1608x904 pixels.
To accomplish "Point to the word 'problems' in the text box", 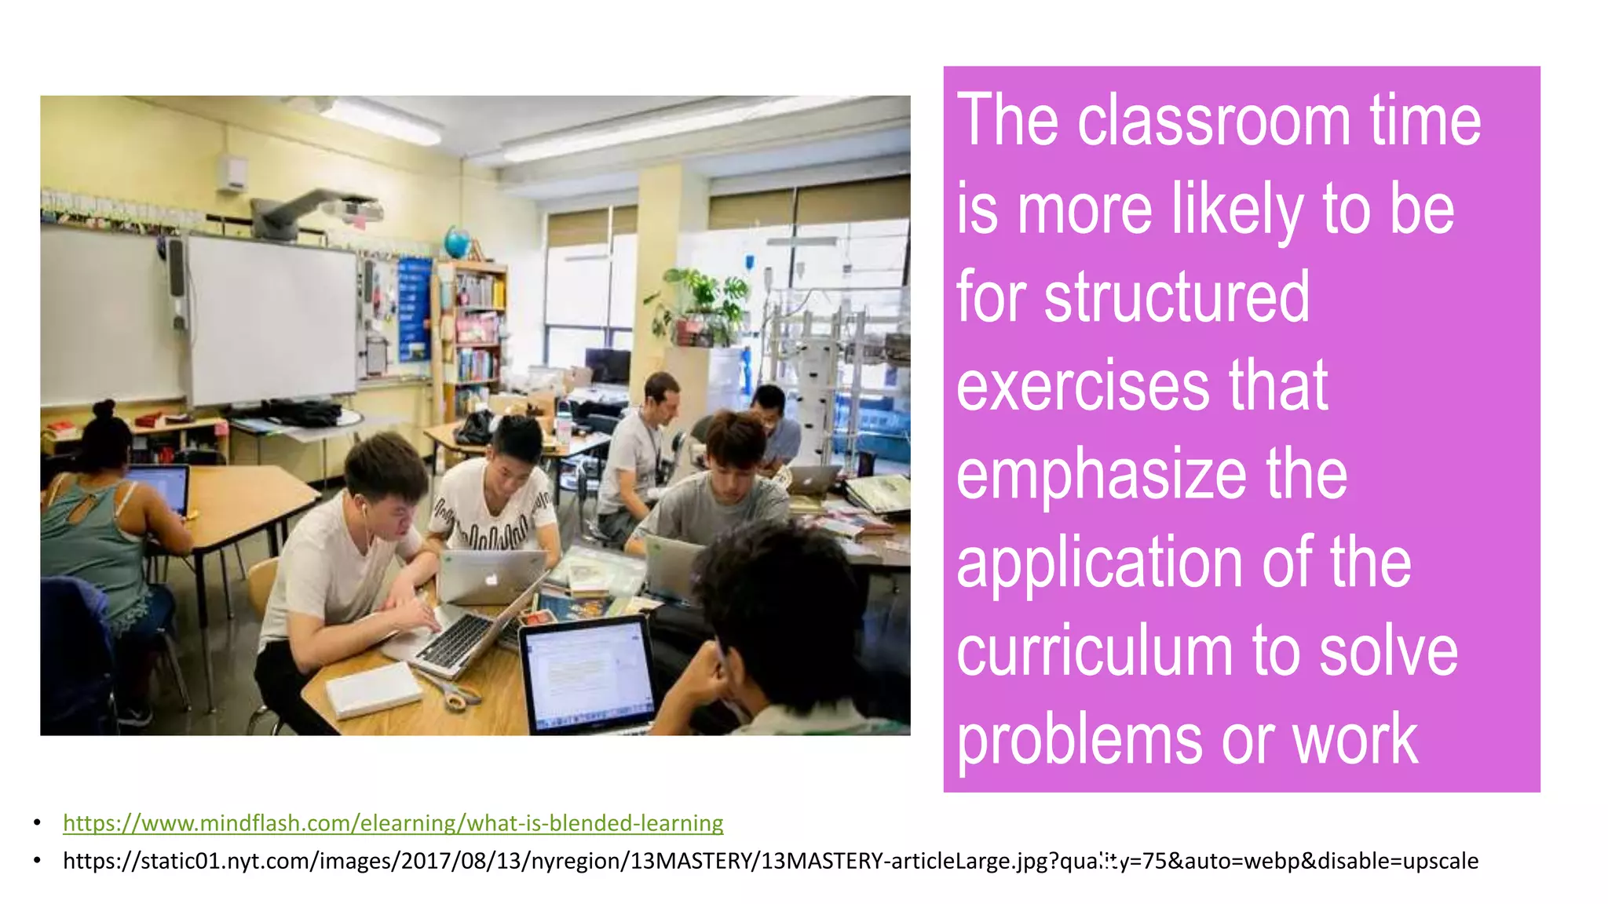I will tap(1079, 740).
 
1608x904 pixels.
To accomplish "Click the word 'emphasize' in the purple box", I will tap(1101, 475).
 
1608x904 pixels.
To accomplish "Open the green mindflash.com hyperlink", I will tap(393, 823).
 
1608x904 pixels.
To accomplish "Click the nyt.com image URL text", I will tap(769, 861).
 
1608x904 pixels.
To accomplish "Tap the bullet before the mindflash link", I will tap(37, 823).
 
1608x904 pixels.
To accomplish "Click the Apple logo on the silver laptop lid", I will tap(492, 580).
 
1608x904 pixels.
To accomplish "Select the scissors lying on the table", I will tap(454, 691).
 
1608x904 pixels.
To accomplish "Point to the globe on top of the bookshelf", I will tap(457, 241).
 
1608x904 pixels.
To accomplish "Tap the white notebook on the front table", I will tap(374, 689).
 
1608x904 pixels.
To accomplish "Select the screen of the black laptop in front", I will tap(588, 672).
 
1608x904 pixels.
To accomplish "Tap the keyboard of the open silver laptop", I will tap(459, 639).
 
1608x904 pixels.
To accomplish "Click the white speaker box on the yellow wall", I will tap(232, 173).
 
